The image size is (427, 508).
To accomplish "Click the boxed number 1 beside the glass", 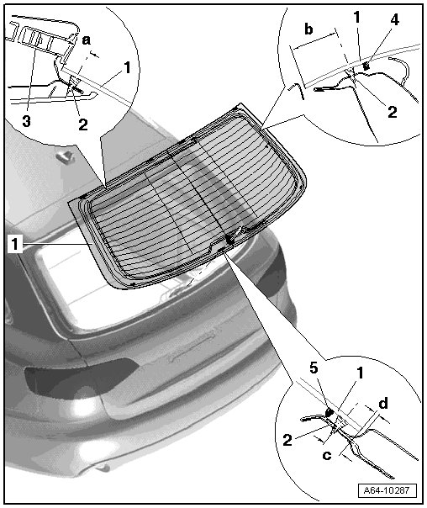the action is click(15, 244).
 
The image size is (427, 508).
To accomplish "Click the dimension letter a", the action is click(86, 40).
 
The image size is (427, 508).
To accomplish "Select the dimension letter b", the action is click(308, 29).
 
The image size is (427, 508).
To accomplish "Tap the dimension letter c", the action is click(327, 455).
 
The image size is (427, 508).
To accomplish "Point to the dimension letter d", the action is click(383, 404).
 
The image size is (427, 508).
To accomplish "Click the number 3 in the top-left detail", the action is click(27, 121).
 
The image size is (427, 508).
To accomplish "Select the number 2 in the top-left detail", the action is click(83, 124).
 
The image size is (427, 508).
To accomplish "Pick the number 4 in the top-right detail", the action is click(394, 19).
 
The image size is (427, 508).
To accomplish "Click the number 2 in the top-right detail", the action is click(392, 112).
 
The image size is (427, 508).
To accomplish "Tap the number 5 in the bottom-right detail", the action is click(314, 368).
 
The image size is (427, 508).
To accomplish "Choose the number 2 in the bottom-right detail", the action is click(287, 440).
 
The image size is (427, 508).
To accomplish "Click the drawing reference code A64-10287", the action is click(386, 489).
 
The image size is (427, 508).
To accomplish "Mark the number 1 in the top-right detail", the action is click(356, 17).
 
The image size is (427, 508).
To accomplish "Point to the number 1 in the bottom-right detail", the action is click(360, 373).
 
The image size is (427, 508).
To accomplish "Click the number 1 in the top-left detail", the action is click(127, 67).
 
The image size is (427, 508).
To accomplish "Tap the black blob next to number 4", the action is click(366, 66).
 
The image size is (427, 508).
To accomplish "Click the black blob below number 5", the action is click(329, 412).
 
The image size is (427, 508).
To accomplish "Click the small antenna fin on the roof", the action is click(65, 156).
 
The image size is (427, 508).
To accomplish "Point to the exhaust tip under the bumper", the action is click(103, 468).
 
